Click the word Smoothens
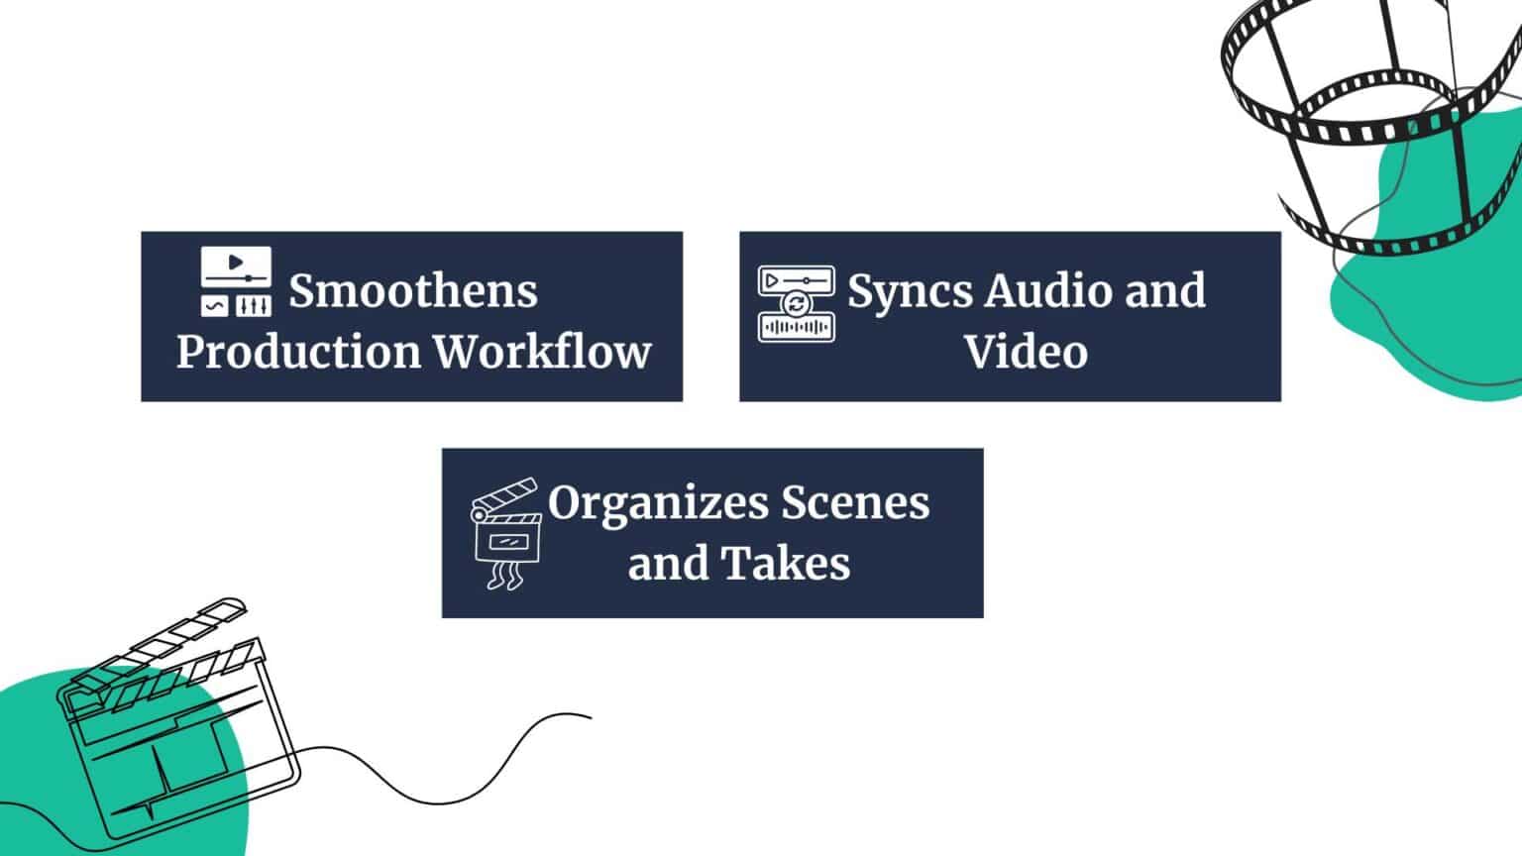(x=413, y=291)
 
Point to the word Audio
(x=1049, y=291)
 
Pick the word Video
(x=1026, y=352)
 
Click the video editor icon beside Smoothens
(x=236, y=281)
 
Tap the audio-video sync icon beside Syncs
(x=796, y=303)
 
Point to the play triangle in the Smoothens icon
(x=235, y=263)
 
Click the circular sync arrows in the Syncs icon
(x=796, y=303)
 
